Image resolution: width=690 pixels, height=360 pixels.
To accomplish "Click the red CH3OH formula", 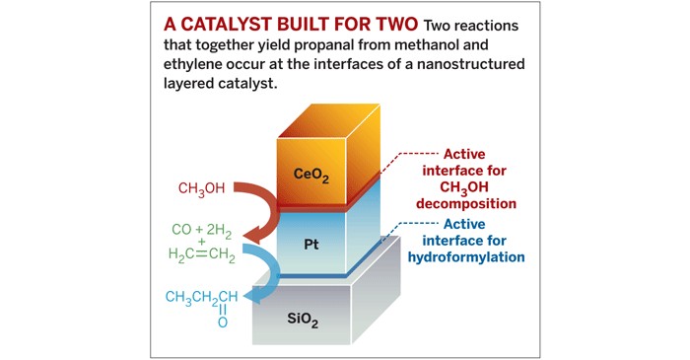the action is click(202, 187).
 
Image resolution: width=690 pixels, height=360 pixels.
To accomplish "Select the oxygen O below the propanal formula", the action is click(222, 323).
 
